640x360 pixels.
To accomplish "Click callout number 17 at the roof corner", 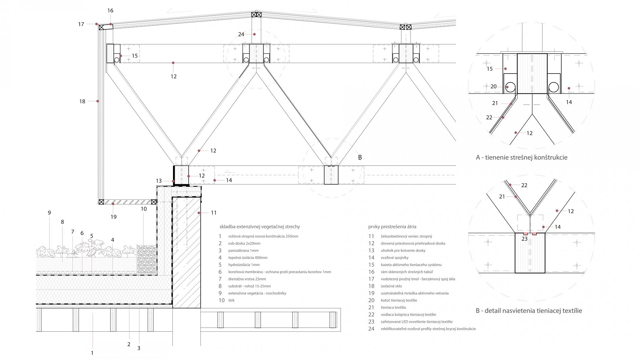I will coord(81,24).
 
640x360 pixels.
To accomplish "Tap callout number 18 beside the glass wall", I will coord(82,101).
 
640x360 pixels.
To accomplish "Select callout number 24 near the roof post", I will coord(241,34).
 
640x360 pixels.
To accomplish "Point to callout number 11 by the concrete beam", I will coord(214,213).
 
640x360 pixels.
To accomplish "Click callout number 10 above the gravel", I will coord(144,209).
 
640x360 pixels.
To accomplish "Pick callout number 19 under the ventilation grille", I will coord(114,217).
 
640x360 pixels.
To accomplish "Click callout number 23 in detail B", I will coord(525,239).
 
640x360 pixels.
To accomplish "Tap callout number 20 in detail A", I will coord(494,86).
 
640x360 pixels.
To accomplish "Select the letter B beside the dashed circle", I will coord(360,158).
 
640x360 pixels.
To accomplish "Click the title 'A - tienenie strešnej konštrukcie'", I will coord(521,158).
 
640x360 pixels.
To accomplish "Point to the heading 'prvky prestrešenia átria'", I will coord(392,227).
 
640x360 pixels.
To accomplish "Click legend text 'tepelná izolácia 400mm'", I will coord(248,258).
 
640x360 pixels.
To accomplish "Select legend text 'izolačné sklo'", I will coord(391,286).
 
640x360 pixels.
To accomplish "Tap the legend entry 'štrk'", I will coord(231,301).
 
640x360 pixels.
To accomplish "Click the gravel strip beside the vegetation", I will coord(146,259).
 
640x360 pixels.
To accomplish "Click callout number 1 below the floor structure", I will coord(92,353).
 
